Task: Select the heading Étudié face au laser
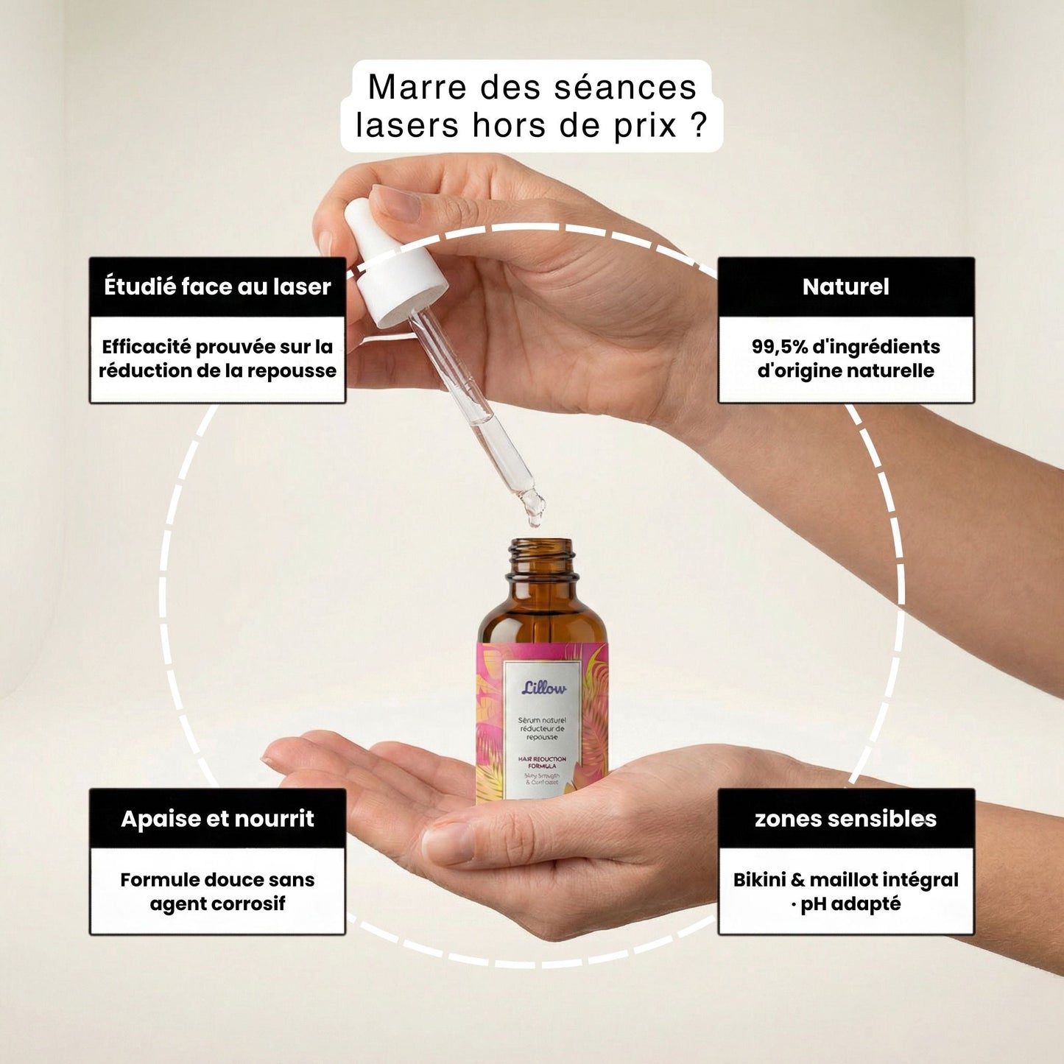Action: pyautogui.click(x=217, y=286)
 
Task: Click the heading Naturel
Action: pyautogui.click(x=845, y=286)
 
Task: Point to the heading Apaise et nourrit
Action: pyautogui.click(x=217, y=818)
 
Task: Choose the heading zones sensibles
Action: pyautogui.click(x=845, y=818)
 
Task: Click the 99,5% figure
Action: pyautogui.click(x=779, y=347)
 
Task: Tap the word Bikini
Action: pyautogui.click(x=759, y=880)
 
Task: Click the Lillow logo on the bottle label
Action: pyautogui.click(x=544, y=688)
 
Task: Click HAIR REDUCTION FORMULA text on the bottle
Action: pyautogui.click(x=543, y=761)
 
